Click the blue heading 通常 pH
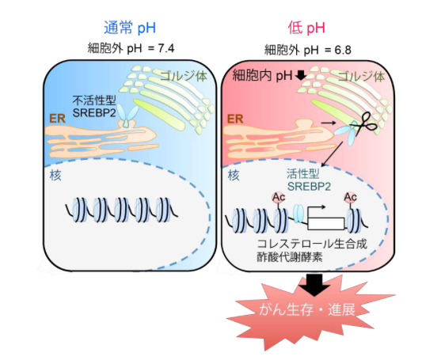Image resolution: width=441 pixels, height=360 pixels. [130, 28]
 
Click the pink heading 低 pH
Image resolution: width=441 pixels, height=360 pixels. [306, 28]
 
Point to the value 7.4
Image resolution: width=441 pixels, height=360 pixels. [166, 48]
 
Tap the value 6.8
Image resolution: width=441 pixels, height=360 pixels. [343, 50]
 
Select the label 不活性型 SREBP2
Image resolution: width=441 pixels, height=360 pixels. [94, 106]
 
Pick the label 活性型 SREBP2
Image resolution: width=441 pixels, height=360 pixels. [309, 180]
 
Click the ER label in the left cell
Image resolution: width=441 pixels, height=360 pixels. [57, 119]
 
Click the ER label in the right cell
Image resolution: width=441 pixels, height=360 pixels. [235, 119]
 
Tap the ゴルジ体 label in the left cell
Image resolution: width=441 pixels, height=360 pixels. [184, 76]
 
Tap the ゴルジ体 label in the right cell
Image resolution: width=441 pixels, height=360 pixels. [361, 77]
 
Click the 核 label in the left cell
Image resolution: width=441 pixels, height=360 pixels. [55, 176]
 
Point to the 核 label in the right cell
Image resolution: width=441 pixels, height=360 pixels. [234, 176]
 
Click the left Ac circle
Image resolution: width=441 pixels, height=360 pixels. [279, 197]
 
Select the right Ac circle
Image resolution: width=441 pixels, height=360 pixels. [351, 197]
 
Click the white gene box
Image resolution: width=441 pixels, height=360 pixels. [326, 223]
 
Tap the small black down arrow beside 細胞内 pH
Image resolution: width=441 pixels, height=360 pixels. [301, 75]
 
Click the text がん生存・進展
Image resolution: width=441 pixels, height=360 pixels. [307, 309]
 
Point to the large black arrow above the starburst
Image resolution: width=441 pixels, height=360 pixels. [314, 285]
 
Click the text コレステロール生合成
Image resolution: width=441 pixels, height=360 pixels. [312, 244]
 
